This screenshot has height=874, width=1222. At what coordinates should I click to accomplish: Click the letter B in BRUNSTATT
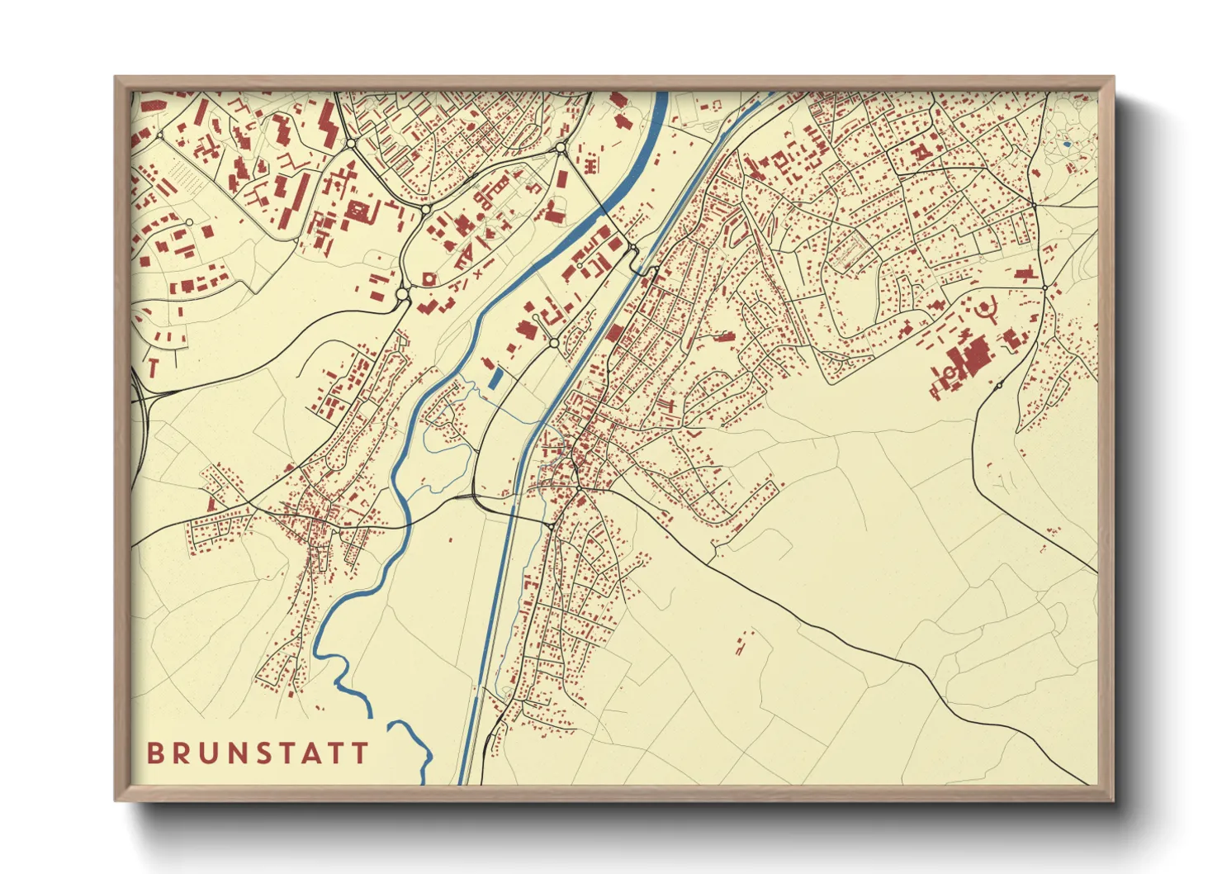(x=154, y=753)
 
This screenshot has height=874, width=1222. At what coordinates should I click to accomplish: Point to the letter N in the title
(x=240, y=753)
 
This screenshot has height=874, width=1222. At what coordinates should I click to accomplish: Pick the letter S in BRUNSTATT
(x=268, y=753)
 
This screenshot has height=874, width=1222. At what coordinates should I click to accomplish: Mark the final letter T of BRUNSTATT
(x=360, y=753)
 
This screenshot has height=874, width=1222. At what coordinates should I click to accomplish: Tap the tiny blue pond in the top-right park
(x=1067, y=145)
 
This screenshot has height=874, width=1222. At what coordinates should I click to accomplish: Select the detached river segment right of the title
(x=413, y=748)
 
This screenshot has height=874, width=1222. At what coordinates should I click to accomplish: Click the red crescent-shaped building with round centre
(x=985, y=311)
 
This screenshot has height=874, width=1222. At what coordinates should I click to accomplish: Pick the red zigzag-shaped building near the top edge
(x=328, y=124)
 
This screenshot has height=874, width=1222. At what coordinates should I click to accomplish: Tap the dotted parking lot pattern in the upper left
(x=181, y=175)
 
